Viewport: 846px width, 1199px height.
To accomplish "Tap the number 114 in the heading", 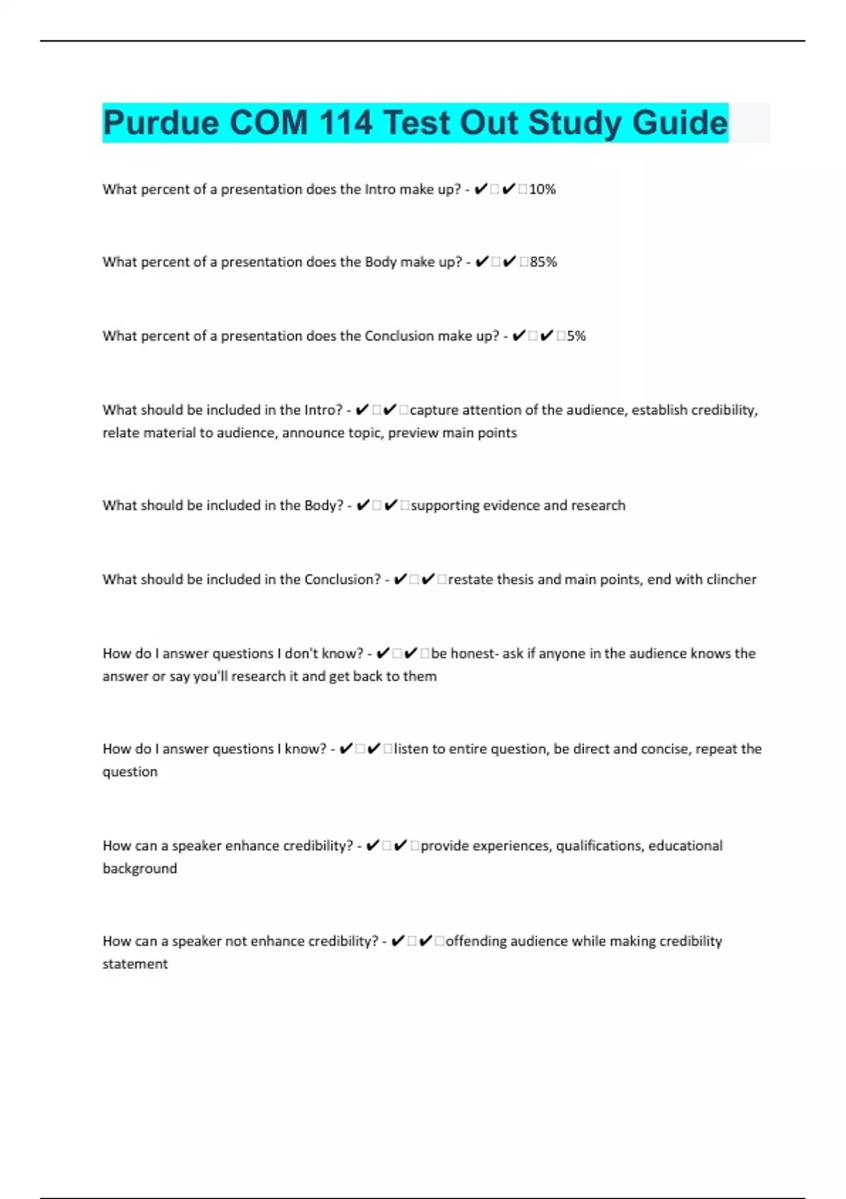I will (345, 123).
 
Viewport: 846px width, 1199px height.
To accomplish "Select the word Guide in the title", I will (680, 123).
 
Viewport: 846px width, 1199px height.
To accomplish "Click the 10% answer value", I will (542, 189).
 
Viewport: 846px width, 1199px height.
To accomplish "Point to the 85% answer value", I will (544, 262).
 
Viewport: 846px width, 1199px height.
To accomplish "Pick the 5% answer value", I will (576, 336).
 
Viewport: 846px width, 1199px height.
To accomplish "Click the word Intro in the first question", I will (380, 189).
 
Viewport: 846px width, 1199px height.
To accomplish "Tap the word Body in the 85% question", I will (381, 262).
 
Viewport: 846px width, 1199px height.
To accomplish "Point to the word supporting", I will (446, 505).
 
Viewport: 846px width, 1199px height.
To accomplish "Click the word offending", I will (476, 941).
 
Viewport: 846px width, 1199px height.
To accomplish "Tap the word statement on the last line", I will (135, 963).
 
